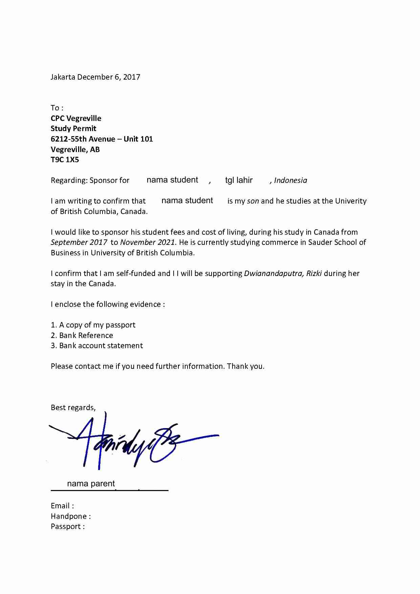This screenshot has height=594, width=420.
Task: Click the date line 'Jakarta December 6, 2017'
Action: (95, 77)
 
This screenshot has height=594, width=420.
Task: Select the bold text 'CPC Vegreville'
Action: (76, 118)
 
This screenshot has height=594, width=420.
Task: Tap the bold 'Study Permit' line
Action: (73, 128)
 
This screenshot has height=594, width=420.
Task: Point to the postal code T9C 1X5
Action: (65, 160)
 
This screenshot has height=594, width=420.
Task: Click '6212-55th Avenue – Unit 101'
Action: (102, 139)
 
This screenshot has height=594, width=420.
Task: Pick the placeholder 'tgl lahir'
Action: (239, 180)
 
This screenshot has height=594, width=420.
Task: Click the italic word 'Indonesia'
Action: (290, 180)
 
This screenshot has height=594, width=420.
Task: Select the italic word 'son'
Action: (253, 201)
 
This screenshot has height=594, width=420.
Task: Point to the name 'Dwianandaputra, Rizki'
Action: (283, 273)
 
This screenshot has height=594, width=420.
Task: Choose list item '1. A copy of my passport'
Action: (93, 325)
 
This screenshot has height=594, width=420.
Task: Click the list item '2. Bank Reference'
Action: (82, 335)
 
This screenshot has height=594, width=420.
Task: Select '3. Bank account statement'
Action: (97, 345)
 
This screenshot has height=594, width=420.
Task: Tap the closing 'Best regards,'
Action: (73, 407)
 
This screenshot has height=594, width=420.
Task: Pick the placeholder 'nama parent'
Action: (91, 484)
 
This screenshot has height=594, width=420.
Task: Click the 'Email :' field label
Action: (62, 506)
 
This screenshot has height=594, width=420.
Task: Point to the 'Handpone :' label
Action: (70, 516)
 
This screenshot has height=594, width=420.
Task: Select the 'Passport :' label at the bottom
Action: (67, 526)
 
